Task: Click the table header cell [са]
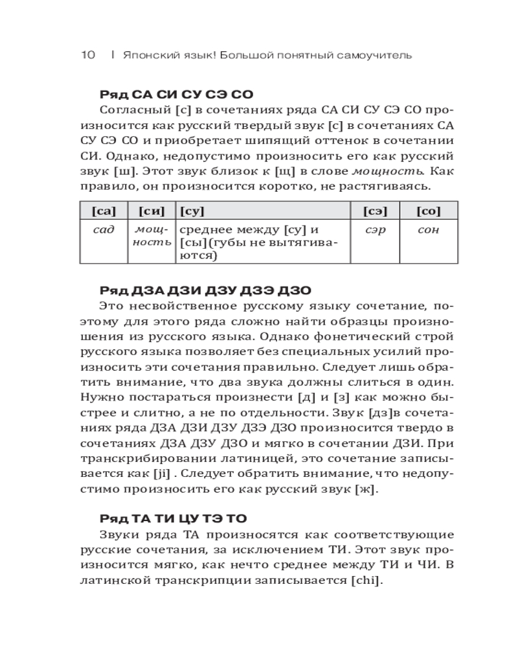(x=104, y=211)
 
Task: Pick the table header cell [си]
(x=152, y=211)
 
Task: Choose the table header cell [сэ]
(x=374, y=211)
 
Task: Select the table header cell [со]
(x=428, y=211)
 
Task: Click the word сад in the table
(x=104, y=230)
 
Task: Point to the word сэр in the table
(x=374, y=230)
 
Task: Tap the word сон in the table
(x=428, y=230)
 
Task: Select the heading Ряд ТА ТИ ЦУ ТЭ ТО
(x=173, y=518)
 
